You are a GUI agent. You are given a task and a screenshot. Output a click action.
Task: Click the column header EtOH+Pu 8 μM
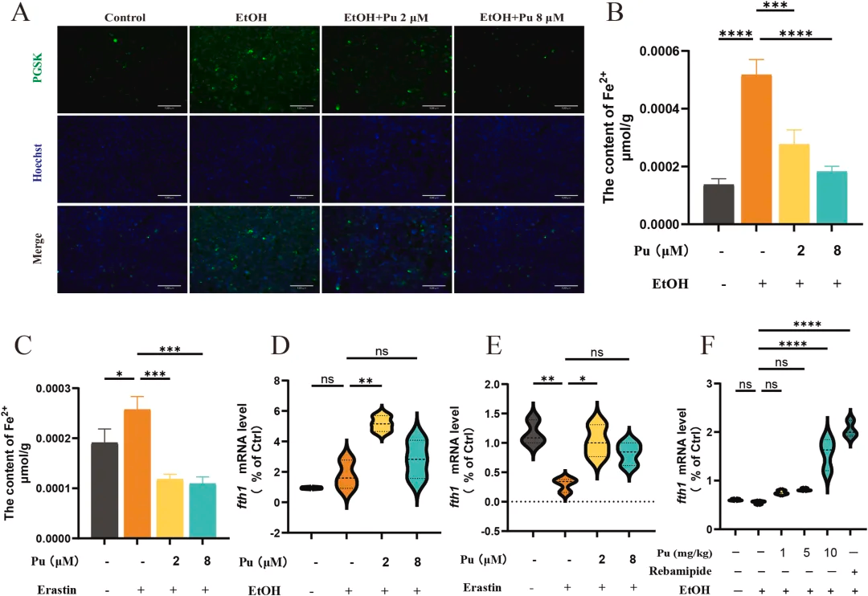(x=518, y=16)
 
